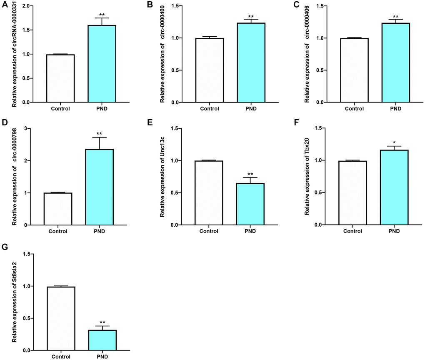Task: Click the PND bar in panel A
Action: pyautogui.click(x=102, y=64)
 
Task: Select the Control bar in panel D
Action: pyautogui.click(x=58, y=209)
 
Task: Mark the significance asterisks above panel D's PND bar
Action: pyautogui.click(x=99, y=134)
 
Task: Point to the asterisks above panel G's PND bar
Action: pyautogui.click(x=102, y=323)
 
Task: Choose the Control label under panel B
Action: pyautogui.click(x=210, y=109)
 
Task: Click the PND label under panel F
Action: pyautogui.click(x=394, y=232)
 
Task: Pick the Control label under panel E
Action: pyautogui.click(x=210, y=232)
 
